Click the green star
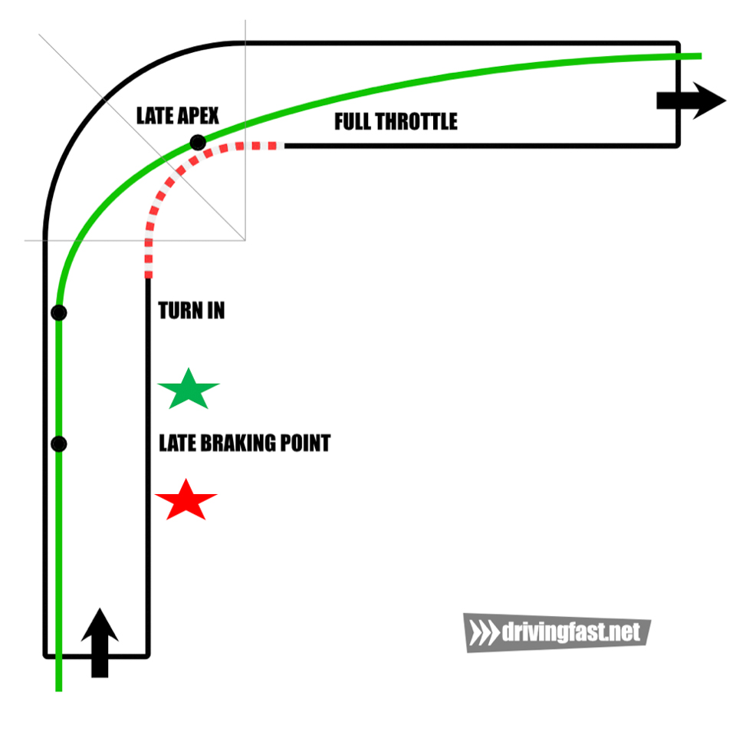189,390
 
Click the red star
186,500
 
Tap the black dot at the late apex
198,142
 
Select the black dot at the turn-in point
59,312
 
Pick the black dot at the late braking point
59,443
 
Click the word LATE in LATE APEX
153,116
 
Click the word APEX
197,116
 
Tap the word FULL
352,121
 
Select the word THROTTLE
416,121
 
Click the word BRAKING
238,443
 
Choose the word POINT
306,443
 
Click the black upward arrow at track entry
100,643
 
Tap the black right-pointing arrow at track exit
692,101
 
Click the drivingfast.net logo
557,633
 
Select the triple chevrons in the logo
485,633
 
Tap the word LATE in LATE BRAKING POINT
177,443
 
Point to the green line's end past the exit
701,56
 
